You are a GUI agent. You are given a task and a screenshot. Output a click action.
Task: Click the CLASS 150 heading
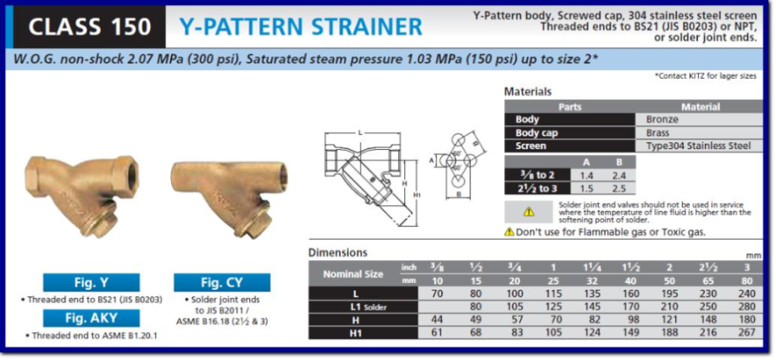pos(90,27)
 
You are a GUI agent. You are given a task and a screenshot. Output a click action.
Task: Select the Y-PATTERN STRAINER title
pos(301,27)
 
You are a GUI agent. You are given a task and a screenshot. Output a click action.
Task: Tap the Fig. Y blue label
pos(91,283)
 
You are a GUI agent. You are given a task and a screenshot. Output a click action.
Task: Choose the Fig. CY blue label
pos(222,283)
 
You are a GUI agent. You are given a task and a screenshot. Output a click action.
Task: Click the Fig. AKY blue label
pos(91,318)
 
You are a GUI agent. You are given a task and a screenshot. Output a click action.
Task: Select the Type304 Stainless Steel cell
pos(699,146)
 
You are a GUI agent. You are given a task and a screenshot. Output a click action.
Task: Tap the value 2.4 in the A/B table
pos(618,175)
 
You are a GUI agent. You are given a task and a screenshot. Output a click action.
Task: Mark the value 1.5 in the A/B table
pos(586,188)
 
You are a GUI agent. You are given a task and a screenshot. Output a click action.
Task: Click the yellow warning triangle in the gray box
pos(529,212)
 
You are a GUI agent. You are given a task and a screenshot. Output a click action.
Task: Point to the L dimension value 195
pos(669,294)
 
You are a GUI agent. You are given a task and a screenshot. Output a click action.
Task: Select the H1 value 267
pos(747,332)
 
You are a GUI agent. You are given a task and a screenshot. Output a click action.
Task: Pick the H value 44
pos(437,320)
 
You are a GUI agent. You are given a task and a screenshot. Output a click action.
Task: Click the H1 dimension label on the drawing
pos(417,195)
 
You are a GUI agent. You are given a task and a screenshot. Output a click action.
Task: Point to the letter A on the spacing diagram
pos(431,160)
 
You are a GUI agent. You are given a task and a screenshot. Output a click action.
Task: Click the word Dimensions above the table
pos(337,252)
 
